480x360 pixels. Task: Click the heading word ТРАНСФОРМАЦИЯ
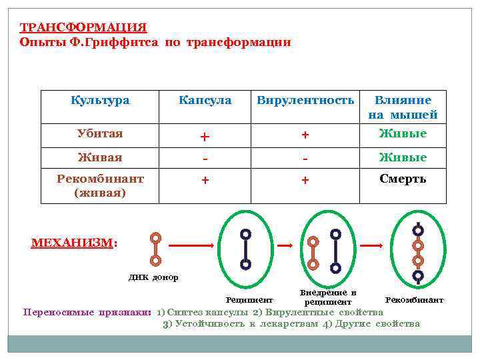click(83, 27)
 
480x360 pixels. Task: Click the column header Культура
click(100, 101)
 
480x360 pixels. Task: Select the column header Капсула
click(205, 101)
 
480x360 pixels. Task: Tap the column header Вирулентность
click(305, 101)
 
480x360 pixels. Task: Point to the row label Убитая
click(100, 133)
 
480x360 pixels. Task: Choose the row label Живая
click(100, 157)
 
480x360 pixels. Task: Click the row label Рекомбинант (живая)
click(100, 185)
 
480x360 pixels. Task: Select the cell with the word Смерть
click(403, 179)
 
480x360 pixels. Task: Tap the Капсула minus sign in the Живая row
click(205, 159)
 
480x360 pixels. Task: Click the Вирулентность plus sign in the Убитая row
click(305, 135)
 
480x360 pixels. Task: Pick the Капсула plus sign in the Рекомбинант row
click(205, 180)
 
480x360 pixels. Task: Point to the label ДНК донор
click(153, 277)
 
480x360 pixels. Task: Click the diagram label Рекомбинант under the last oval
click(414, 301)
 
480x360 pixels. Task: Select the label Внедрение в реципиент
click(327, 297)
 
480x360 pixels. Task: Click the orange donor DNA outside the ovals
click(155, 248)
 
